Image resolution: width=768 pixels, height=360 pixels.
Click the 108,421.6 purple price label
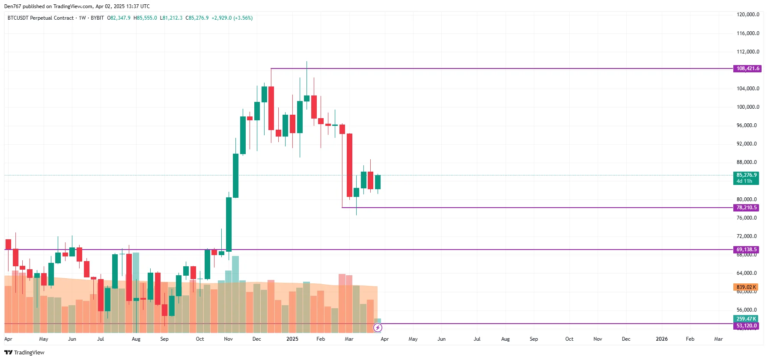(x=747, y=68)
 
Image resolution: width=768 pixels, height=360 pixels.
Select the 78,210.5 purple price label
(x=746, y=208)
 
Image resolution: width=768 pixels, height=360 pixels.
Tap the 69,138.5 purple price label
(x=746, y=250)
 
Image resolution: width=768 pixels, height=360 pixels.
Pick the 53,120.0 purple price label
(x=746, y=326)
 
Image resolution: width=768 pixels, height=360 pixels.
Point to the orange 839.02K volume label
(x=746, y=287)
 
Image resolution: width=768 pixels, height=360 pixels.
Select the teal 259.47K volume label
(x=746, y=319)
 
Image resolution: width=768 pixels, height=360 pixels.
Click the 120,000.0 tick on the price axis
(x=747, y=15)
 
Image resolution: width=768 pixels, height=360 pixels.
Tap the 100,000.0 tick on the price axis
(x=747, y=107)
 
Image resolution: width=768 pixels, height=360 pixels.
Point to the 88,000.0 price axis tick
(x=746, y=162)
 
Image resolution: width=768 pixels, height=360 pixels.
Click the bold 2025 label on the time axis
(x=292, y=339)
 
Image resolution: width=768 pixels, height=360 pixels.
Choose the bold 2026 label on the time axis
(x=661, y=339)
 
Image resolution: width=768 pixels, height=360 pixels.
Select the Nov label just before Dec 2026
(x=598, y=339)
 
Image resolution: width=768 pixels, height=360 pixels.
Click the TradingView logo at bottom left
(x=24, y=352)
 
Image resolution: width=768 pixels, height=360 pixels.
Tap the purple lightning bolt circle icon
(x=378, y=328)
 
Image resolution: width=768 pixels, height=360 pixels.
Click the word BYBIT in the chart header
(x=97, y=18)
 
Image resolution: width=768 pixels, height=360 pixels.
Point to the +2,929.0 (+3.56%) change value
(x=232, y=18)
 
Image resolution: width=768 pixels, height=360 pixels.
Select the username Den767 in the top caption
(x=12, y=6)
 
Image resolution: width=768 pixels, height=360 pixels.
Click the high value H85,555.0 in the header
(x=145, y=18)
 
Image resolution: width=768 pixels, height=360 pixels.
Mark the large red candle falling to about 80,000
(x=349, y=165)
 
